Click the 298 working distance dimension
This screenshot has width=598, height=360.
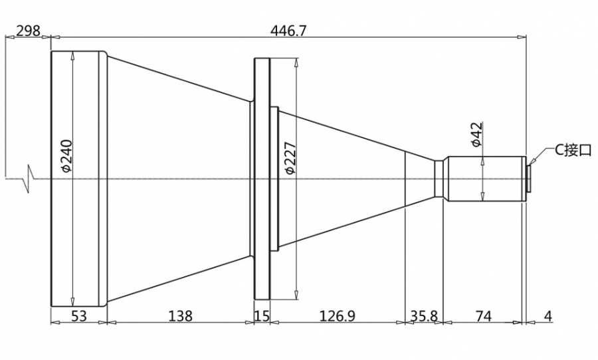pos(28,31)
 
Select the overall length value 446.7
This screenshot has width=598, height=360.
pos(288,31)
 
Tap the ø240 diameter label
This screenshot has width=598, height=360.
pos(66,156)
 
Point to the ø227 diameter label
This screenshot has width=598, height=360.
pos(290,158)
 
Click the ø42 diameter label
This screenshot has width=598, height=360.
pos(476,134)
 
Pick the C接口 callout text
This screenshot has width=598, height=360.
pos(572,149)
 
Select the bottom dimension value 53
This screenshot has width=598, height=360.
pos(79,315)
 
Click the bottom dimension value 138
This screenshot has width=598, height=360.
pos(180,315)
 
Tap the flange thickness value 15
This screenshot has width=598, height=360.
pos(262,315)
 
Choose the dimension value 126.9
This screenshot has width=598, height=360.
pos(337,315)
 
